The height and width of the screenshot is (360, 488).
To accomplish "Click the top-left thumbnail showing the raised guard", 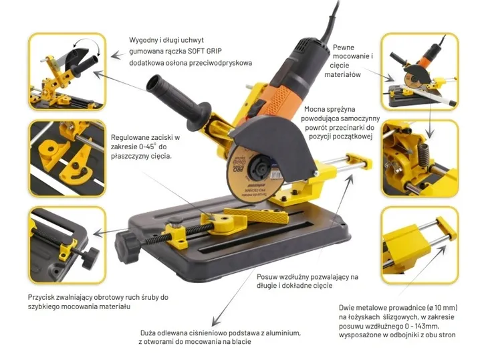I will (66, 72).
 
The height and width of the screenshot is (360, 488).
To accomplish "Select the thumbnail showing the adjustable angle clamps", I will (66, 158).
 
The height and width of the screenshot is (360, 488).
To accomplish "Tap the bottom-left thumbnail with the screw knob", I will (66, 244).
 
